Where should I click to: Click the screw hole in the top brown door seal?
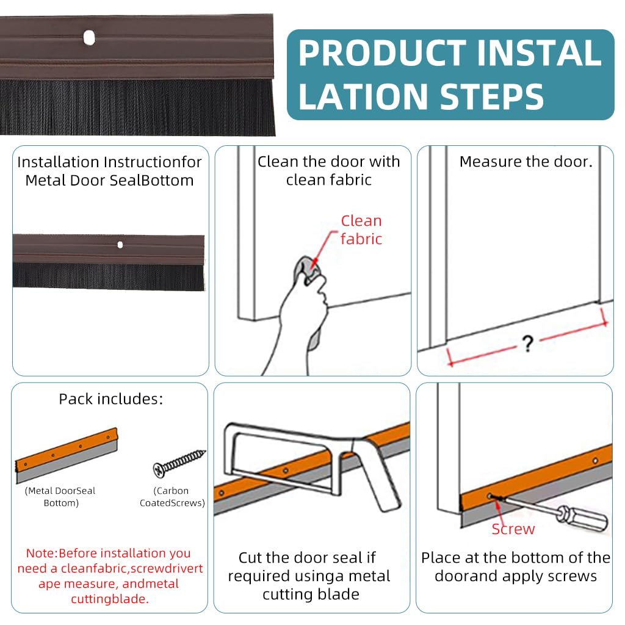[x=89, y=38]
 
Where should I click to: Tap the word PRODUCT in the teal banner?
[x=382, y=53]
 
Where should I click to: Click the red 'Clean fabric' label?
[x=361, y=229]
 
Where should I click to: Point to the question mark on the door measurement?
[x=528, y=343]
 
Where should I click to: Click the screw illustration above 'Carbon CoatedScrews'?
[x=179, y=463]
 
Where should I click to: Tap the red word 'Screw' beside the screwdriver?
[x=513, y=529]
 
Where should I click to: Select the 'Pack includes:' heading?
[x=111, y=399]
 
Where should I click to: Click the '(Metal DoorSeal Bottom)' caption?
[x=60, y=497]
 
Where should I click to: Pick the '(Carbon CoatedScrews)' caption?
[x=172, y=497]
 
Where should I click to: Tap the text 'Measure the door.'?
[x=526, y=162]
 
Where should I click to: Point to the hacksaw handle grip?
[x=377, y=474]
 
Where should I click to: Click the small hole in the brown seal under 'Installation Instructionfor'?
[x=120, y=244]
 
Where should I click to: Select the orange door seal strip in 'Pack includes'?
[x=67, y=455]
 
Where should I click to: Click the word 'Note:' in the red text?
[x=42, y=553]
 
